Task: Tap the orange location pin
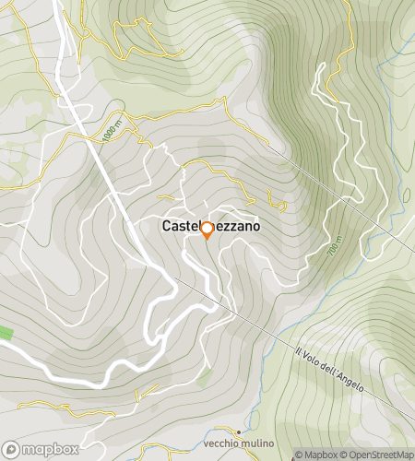click(207, 230)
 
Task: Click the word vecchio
click(230, 443)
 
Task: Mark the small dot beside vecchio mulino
click(240, 431)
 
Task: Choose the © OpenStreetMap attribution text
click(378, 455)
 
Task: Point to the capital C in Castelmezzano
click(168, 225)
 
